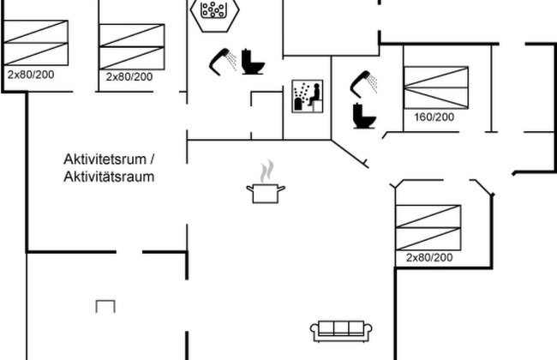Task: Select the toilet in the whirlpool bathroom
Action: pos(253,62)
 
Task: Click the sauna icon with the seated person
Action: pos(308,96)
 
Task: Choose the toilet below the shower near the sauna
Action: pos(364,116)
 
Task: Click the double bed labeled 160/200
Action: pos(436,87)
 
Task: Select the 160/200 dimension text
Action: pos(434,117)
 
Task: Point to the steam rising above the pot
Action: pos(267,171)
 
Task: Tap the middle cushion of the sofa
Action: pos(341,328)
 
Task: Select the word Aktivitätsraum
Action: pos(109,177)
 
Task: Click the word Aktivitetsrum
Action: pos(105,159)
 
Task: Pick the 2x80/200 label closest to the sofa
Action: pos(429,257)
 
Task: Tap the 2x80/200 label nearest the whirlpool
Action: pos(129,76)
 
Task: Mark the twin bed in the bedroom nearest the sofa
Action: pos(428,227)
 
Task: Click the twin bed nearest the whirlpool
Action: pos(132,46)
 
